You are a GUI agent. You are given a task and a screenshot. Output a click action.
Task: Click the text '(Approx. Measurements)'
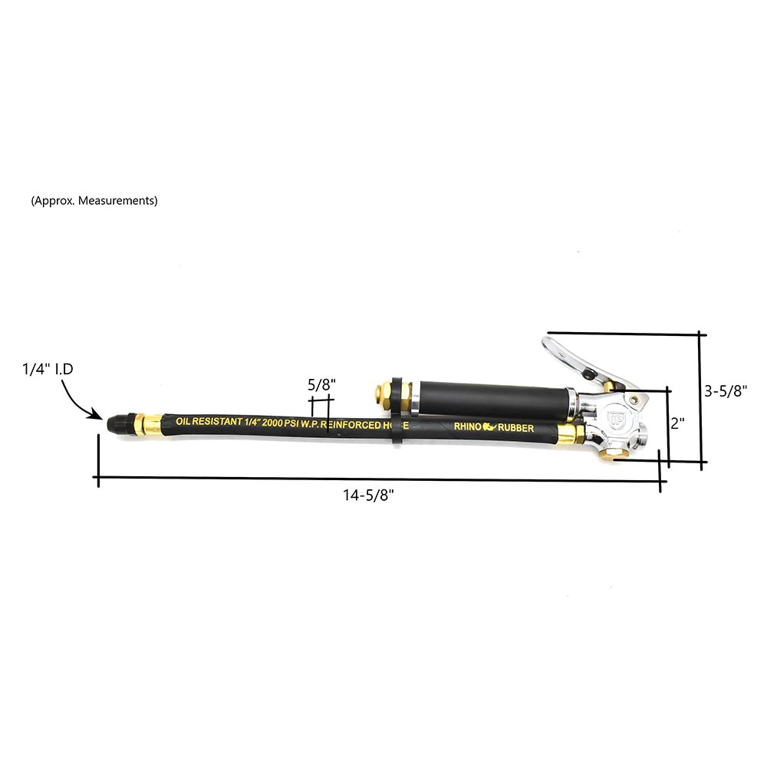coord(94,200)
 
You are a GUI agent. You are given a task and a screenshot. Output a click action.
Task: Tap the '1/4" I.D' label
coord(48,369)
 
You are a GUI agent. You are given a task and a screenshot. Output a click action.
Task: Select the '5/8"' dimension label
coord(321,385)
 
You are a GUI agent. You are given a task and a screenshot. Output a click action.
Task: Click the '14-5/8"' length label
coord(368,495)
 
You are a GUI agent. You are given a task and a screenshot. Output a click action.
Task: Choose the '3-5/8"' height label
coord(726,391)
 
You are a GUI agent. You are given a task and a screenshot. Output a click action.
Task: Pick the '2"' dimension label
coord(677,423)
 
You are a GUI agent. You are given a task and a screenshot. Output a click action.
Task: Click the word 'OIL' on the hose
coord(183,420)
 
